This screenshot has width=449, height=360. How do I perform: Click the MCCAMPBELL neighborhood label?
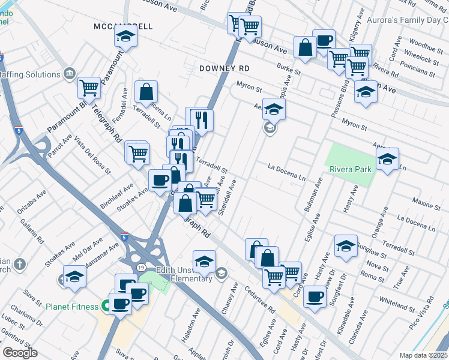124,27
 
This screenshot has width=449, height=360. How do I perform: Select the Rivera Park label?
350,169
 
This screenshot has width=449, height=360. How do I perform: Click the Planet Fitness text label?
71,307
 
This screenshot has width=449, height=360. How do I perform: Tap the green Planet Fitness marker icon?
106,307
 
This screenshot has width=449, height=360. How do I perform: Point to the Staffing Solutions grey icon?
70,74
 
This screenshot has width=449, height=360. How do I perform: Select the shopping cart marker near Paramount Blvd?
89,88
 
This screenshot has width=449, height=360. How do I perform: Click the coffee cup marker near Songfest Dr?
314,296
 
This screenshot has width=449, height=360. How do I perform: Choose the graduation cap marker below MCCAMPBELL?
126,38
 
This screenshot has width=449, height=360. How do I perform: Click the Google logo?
20,352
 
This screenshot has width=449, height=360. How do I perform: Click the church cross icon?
19,263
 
